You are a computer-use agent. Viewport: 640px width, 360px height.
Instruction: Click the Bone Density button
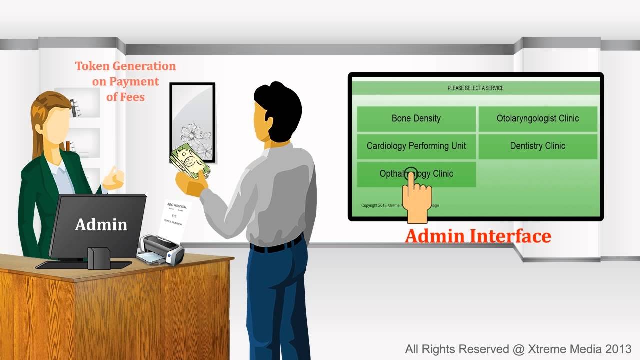416,119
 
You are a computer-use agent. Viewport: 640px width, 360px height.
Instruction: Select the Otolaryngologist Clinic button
537,119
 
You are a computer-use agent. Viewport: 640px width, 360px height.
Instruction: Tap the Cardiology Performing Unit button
416,146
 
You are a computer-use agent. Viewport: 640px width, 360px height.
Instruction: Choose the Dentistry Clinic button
537,146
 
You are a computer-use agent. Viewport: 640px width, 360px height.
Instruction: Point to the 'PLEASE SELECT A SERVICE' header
475,88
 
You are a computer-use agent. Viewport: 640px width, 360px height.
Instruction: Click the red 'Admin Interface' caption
477,236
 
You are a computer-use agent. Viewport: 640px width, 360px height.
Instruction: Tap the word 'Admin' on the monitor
101,225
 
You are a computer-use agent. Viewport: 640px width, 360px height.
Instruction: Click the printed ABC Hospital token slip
174,217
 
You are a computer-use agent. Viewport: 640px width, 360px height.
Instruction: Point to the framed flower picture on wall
192,122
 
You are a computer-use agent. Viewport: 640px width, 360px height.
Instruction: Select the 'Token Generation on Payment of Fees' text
125,81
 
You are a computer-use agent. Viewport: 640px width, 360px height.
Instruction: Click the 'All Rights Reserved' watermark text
518,349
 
